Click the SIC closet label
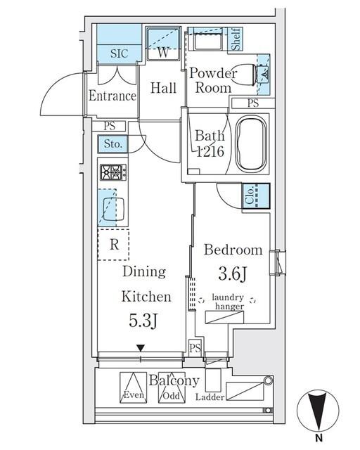click(x=119, y=53)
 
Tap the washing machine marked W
click(x=163, y=44)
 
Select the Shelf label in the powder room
click(x=236, y=39)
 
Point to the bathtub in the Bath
click(x=250, y=143)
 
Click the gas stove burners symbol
click(x=113, y=172)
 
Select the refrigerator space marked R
click(x=113, y=245)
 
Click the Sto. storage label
click(x=112, y=143)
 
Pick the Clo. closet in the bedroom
click(x=256, y=196)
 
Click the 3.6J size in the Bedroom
click(x=232, y=274)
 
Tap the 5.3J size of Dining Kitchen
click(x=143, y=321)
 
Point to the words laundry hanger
click(x=228, y=302)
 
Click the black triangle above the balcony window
click(x=141, y=348)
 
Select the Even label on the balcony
click(x=134, y=395)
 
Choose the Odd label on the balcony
click(x=171, y=396)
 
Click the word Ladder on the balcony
click(x=210, y=397)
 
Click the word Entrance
click(x=112, y=96)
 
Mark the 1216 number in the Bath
click(x=210, y=152)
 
